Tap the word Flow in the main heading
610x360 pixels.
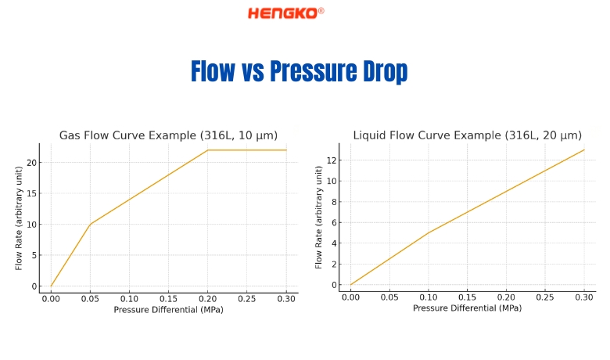[213, 72]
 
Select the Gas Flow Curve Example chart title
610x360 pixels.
[168, 135]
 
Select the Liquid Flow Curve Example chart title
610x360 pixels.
[467, 135]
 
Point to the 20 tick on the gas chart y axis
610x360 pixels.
[30, 163]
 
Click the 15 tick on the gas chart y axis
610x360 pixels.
[30, 193]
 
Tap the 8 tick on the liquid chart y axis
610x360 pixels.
[332, 202]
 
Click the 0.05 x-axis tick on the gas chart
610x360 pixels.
[90, 299]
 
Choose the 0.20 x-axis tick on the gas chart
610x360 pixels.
[208, 299]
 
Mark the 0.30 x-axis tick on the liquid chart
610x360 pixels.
[584, 297]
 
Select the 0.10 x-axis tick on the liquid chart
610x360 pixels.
[429, 297]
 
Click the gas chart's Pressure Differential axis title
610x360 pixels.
[168, 309]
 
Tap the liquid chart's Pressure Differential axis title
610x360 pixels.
[467, 308]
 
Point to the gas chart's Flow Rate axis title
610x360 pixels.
[19, 218]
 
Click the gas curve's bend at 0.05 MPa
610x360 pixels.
[90, 225]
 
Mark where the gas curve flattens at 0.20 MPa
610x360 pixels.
[208, 150]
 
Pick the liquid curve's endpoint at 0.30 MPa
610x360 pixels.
[584, 149]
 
